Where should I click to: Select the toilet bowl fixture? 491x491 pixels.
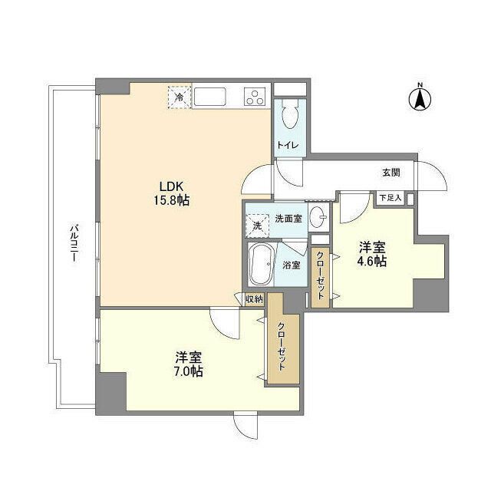(290, 118)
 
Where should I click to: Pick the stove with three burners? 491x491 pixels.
(255, 97)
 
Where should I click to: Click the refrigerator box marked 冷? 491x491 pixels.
(179, 97)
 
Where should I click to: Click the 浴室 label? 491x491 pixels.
(291, 265)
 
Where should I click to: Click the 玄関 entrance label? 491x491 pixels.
(390, 173)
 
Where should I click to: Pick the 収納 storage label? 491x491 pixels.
(255, 299)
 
